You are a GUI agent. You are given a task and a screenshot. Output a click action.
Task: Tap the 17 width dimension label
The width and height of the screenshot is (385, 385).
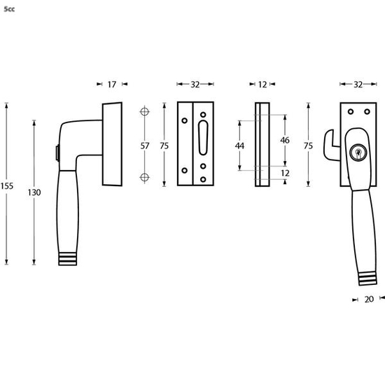(x=112, y=84)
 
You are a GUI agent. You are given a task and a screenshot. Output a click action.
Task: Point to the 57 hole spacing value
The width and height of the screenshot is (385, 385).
(x=146, y=146)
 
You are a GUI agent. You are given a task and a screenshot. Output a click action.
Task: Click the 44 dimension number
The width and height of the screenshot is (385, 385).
(x=239, y=146)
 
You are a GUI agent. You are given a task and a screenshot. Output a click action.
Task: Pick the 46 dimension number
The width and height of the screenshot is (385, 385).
(x=285, y=140)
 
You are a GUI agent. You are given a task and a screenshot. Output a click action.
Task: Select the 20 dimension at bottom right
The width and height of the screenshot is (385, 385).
(x=368, y=299)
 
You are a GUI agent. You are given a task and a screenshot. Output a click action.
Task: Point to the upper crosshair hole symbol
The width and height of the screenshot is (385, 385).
(x=146, y=112)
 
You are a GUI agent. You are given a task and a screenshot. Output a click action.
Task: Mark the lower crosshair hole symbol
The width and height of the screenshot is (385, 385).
(x=146, y=176)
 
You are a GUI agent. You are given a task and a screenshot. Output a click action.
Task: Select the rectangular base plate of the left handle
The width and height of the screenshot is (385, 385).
(x=112, y=146)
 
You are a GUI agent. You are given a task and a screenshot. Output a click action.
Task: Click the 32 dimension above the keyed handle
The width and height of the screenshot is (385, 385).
(x=358, y=84)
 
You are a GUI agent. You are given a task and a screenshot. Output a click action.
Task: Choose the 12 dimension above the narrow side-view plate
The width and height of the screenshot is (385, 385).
(x=262, y=84)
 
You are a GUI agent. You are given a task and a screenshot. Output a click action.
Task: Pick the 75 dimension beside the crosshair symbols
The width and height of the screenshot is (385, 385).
(x=164, y=146)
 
